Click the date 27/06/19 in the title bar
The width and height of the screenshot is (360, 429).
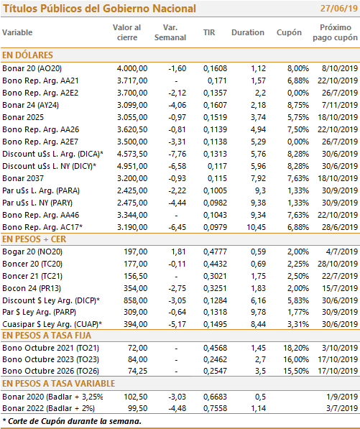point(338,8)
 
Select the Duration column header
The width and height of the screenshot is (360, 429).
point(248,32)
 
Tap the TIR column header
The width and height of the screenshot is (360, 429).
point(209,32)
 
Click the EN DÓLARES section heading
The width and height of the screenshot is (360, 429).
point(27,55)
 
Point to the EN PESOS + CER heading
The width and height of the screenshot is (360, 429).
point(34,239)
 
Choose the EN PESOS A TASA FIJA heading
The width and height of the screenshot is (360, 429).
point(47,336)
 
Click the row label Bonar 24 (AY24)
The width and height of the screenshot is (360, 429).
point(30,105)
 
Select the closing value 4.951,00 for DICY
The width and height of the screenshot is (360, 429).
point(132,166)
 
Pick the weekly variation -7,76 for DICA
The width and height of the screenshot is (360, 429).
point(177,154)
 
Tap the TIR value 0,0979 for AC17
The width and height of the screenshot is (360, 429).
point(215,227)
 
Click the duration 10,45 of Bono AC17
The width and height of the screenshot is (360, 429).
point(256,227)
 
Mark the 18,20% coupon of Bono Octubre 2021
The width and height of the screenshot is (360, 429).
point(296,348)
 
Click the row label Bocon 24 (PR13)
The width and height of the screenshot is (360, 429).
point(32,288)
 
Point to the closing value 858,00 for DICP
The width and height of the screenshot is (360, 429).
point(135,300)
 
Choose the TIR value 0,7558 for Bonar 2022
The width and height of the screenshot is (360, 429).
point(215,408)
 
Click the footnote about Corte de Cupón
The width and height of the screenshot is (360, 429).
point(72,421)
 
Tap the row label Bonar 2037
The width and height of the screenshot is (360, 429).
point(23,178)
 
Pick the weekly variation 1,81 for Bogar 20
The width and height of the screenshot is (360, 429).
point(178,252)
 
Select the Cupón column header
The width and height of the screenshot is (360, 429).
point(289,32)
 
